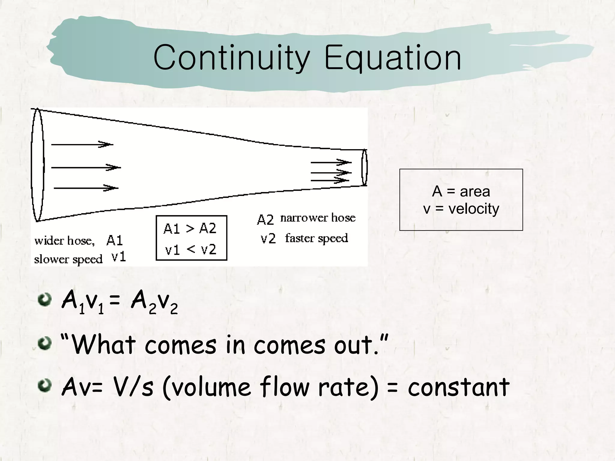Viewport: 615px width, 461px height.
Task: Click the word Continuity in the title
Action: tap(231, 58)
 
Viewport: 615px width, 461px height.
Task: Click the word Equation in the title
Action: tap(392, 58)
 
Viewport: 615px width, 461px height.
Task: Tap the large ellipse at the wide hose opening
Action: tap(38, 165)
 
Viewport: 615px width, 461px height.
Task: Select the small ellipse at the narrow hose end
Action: tap(364, 167)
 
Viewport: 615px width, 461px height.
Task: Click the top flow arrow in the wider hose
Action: tap(82, 144)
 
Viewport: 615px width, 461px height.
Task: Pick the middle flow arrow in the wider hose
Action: tap(86, 167)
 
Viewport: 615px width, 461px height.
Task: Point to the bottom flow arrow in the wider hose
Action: tap(86, 188)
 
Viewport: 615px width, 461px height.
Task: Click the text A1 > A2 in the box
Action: tap(190, 229)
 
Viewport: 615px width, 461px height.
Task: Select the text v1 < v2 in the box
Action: tap(190, 249)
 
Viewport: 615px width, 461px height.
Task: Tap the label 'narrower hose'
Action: tap(318, 218)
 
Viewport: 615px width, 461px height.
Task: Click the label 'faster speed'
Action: tap(317, 238)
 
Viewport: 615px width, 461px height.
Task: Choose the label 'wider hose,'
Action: tap(65, 241)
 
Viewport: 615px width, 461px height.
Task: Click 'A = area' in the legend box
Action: tap(461, 191)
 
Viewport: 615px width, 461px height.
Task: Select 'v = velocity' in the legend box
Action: tap(461, 209)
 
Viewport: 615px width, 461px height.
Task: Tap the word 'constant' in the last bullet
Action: tap(458, 387)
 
